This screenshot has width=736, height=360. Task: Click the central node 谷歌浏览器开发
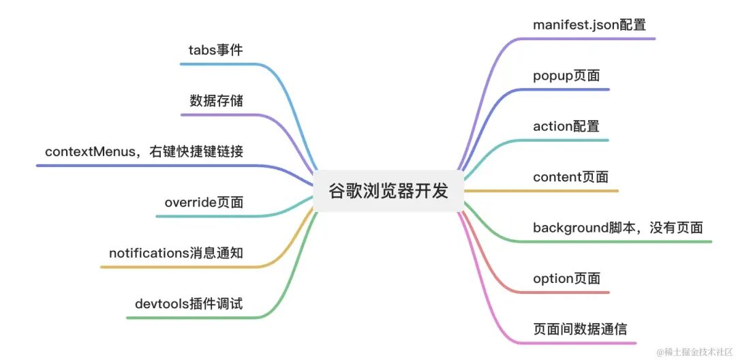(x=381, y=191)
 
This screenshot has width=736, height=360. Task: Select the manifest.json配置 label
(x=589, y=25)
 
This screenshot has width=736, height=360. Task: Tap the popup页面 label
(x=566, y=75)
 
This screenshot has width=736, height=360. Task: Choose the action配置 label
(x=566, y=126)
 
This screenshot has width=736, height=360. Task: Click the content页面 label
(x=570, y=177)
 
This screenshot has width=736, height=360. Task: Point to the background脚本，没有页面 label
(x=617, y=228)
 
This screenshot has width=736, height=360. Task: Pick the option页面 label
(x=566, y=278)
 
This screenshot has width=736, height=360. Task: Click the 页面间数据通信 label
(x=580, y=329)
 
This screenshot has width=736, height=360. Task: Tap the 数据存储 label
(x=217, y=101)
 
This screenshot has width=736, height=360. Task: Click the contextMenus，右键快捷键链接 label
(x=144, y=151)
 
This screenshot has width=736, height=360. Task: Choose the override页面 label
(x=204, y=202)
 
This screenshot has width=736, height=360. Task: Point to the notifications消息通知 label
(x=176, y=253)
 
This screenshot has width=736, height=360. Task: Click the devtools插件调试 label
(x=189, y=304)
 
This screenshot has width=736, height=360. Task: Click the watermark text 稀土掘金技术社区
(x=697, y=351)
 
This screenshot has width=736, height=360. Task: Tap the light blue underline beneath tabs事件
(x=218, y=64)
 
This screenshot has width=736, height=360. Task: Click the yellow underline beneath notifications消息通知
(x=177, y=267)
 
